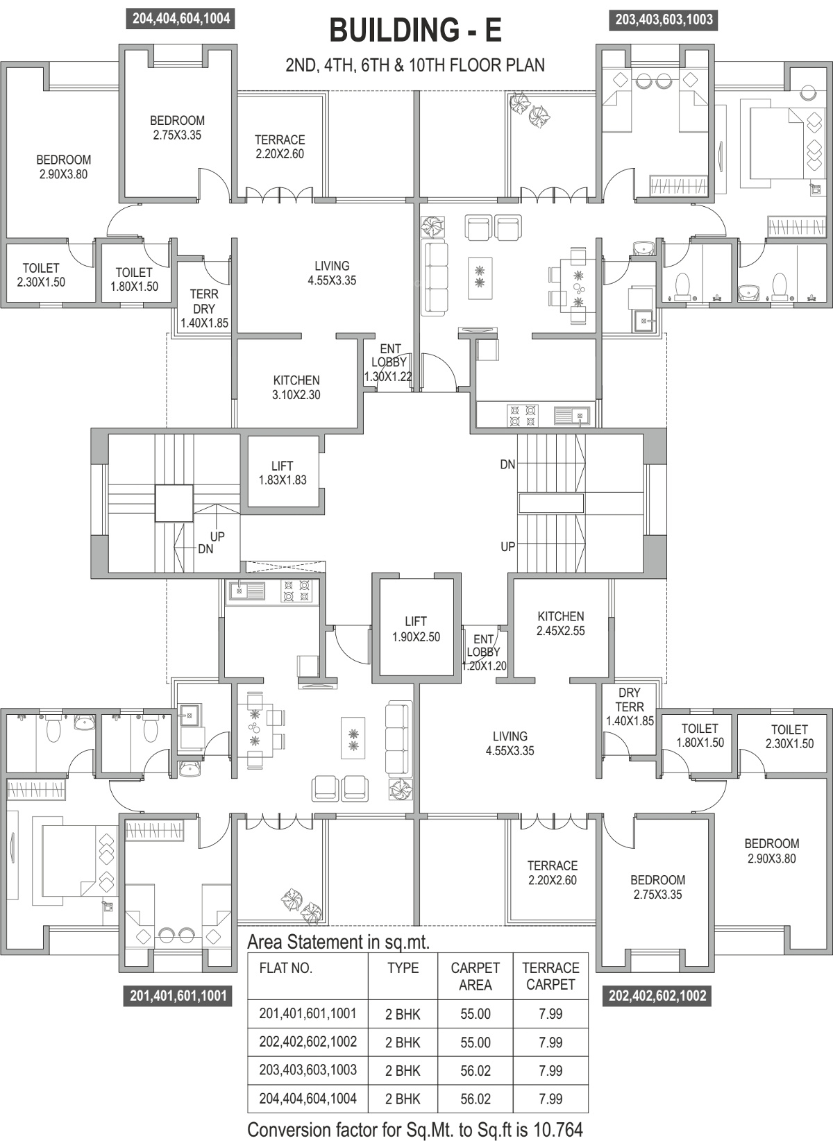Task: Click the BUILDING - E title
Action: pyautogui.click(x=416, y=30)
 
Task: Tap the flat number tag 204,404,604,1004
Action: pyautogui.click(x=181, y=19)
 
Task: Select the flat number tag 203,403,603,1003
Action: pyautogui.click(x=664, y=20)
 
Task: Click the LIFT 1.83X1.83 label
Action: pyautogui.click(x=283, y=473)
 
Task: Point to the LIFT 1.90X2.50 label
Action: pyautogui.click(x=416, y=629)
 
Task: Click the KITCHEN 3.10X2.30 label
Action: pyautogui.click(x=296, y=388)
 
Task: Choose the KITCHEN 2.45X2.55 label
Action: pyautogui.click(x=560, y=623)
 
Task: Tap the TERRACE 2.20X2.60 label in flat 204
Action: pyautogui.click(x=280, y=146)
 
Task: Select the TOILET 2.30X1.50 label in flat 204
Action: pyautogui.click(x=41, y=275)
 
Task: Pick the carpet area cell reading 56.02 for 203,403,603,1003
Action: pyautogui.click(x=476, y=1071)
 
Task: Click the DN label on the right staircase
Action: pyautogui.click(x=507, y=464)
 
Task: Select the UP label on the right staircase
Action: pyautogui.click(x=508, y=547)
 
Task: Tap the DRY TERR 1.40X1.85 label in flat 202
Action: pyautogui.click(x=630, y=707)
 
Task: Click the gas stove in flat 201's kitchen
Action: pyautogui.click(x=296, y=591)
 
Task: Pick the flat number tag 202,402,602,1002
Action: pyautogui.click(x=657, y=996)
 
